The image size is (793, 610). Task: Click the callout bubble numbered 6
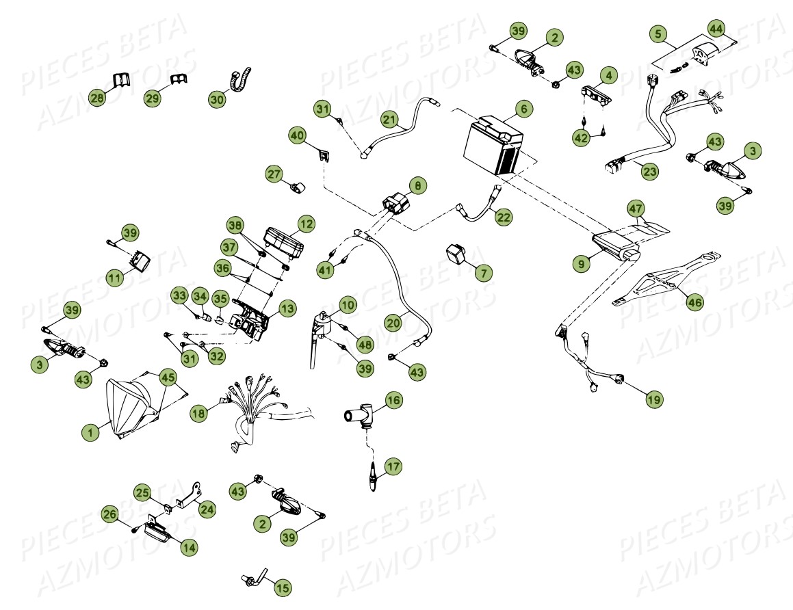click(523, 109)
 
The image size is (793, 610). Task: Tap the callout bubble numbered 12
click(305, 223)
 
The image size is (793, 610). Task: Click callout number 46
click(694, 301)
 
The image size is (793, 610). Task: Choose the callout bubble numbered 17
click(393, 467)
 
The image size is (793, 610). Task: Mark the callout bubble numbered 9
click(580, 261)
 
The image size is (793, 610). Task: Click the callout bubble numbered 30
click(217, 99)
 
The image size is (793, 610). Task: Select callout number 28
click(98, 98)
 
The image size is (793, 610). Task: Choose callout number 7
click(483, 272)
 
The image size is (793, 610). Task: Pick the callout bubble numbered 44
click(716, 29)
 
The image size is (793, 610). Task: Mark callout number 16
click(393, 399)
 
